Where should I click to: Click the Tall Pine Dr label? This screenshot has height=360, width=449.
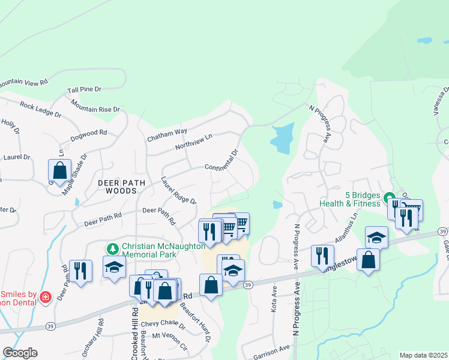click(x=85, y=89)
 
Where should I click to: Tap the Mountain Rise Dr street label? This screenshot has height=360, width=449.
click(x=95, y=106)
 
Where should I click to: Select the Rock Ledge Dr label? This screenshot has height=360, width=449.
click(x=40, y=109)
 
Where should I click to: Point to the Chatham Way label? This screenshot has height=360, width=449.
click(x=167, y=135)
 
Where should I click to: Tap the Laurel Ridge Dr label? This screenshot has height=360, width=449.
click(x=178, y=190)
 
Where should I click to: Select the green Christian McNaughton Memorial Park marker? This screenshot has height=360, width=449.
click(x=112, y=248)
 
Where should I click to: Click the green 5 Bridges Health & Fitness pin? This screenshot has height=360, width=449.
click(x=389, y=196)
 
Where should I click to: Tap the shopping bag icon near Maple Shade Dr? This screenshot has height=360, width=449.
click(x=60, y=170)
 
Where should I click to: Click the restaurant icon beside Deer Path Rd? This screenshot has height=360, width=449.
click(x=80, y=271)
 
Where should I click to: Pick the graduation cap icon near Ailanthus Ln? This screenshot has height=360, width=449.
click(x=376, y=237)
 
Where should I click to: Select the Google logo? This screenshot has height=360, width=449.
click(x=20, y=353)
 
